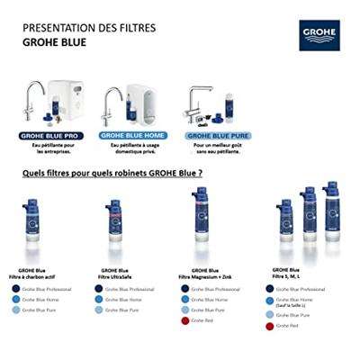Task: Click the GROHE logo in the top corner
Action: [x=321, y=37]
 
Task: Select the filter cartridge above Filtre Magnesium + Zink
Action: [x=200, y=223]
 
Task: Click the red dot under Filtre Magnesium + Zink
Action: [x=185, y=320]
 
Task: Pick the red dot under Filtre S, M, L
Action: [x=269, y=326]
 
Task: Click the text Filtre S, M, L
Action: [x=286, y=274]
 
